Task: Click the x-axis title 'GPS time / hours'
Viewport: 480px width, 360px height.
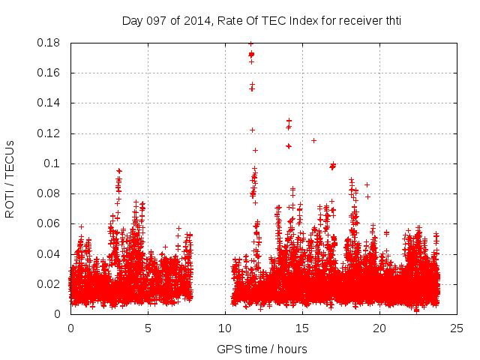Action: tap(262, 349)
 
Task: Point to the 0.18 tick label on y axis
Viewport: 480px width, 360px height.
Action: tap(50, 43)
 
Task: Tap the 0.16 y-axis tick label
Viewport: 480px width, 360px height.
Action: tap(50, 73)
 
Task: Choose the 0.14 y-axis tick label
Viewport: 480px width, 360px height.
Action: tap(50, 103)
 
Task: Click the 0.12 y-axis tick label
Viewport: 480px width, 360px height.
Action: tap(50, 133)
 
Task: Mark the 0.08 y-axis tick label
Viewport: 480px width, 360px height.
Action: tap(50, 193)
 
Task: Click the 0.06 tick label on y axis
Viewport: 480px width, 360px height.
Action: tap(50, 223)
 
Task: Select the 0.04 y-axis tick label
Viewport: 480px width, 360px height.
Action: tap(50, 254)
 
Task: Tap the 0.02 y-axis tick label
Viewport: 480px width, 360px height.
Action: tap(50, 284)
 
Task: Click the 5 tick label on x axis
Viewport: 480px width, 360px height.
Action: tap(148, 328)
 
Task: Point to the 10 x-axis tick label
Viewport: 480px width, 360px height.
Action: tap(225, 328)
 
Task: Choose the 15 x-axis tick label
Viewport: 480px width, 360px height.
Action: tap(302, 328)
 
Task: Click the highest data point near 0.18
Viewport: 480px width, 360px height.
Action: tap(250, 43)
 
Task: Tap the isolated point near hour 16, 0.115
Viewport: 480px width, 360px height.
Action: tap(313, 140)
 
